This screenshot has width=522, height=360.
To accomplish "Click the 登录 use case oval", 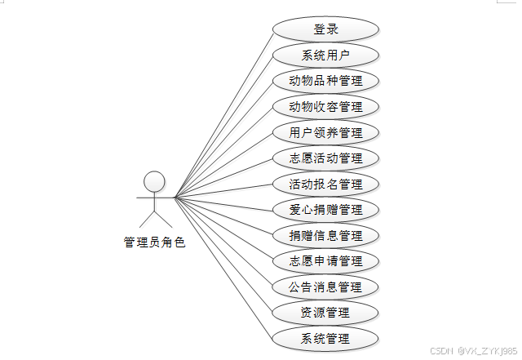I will (x=325, y=29).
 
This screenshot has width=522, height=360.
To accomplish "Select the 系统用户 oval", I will (x=325, y=56).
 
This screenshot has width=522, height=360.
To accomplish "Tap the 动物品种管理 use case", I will (x=325, y=82).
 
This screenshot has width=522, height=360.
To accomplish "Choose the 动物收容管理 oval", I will (x=325, y=107).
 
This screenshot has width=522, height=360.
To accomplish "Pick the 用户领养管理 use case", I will (x=325, y=133).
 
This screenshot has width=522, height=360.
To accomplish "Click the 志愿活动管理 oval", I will (x=325, y=158).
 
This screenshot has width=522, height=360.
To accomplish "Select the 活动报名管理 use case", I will (x=325, y=184).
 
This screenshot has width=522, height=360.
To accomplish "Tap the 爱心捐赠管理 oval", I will (x=325, y=210).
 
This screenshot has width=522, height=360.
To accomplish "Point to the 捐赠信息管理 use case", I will (x=325, y=236).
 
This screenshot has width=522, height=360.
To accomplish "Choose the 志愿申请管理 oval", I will (x=325, y=261).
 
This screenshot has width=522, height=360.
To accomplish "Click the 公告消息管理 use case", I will (x=325, y=287).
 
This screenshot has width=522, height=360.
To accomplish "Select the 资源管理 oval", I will (x=325, y=313).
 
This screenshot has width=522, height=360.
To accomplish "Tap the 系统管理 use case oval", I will (x=325, y=339).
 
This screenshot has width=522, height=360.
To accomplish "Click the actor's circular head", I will (x=154, y=181).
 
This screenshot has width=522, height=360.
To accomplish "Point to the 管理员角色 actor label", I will (x=154, y=242).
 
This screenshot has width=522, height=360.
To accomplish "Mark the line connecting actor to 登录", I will (x=224, y=113).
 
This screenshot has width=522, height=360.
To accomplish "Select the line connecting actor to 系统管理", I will (x=224, y=269).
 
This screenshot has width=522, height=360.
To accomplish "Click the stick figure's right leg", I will (x=163, y=219).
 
